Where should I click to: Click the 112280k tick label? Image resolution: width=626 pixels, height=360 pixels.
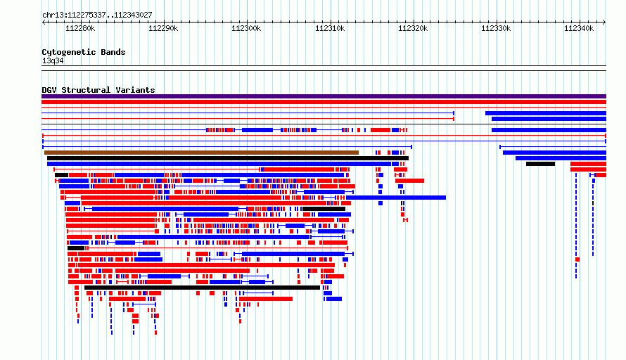tap(80, 28)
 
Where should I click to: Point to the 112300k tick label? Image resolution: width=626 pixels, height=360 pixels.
tap(246, 28)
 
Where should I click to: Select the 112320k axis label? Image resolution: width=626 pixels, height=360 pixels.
tap(413, 28)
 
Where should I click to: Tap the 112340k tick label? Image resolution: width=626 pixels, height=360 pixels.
tap(579, 28)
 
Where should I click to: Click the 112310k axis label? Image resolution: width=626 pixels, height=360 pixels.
tap(330, 28)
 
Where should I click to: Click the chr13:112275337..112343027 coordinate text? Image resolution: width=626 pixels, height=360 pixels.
tap(97, 15)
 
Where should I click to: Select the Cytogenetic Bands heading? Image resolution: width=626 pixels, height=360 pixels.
tap(84, 52)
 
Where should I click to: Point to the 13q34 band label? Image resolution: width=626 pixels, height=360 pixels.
tap(53, 60)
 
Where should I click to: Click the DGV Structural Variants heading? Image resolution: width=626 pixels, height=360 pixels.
tap(98, 90)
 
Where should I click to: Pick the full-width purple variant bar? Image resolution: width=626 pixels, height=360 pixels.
tap(324, 96)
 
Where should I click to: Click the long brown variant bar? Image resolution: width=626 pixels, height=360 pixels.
tap(201, 153)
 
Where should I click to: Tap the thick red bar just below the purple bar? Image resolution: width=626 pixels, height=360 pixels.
tap(324, 102)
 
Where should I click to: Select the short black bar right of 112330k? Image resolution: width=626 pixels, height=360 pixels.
tap(541, 164)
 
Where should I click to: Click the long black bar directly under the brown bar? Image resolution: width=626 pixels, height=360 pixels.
tap(228, 158)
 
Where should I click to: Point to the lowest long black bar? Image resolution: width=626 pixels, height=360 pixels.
tap(203, 288)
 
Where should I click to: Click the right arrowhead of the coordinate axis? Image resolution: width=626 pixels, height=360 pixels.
tap(604, 22)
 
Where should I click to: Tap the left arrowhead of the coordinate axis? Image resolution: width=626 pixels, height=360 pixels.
tap(44, 22)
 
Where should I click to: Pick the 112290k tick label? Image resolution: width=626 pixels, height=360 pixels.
tap(163, 28)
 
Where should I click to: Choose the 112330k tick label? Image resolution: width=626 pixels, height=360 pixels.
tap(496, 28)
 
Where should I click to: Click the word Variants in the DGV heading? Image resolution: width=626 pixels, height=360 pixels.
tap(135, 90)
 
